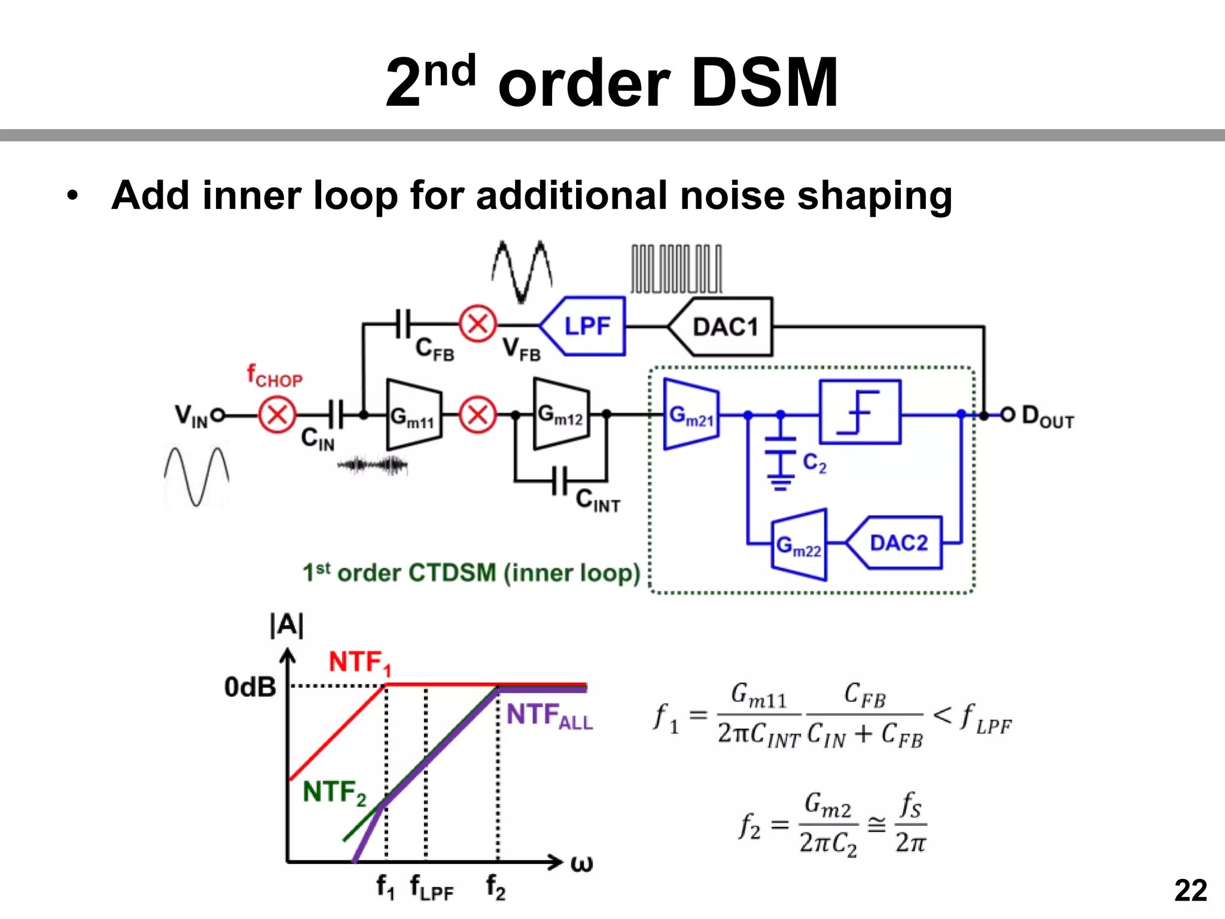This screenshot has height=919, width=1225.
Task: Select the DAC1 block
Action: click(724, 327)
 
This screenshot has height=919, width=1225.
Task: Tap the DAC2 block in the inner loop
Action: click(897, 543)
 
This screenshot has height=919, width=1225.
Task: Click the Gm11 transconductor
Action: click(413, 415)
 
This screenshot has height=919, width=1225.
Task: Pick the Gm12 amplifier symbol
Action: click(560, 413)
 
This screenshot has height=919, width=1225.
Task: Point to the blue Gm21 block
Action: click(691, 414)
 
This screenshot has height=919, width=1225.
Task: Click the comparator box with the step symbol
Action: click(860, 412)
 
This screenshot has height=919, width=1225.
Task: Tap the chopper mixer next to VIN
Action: click(277, 414)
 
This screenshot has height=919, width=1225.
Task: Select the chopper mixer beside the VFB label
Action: click(477, 324)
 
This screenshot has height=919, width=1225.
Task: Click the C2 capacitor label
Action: click(814, 462)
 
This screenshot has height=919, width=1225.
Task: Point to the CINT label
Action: click(597, 500)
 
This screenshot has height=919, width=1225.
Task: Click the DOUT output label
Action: click(1047, 416)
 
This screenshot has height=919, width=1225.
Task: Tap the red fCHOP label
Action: click(275, 376)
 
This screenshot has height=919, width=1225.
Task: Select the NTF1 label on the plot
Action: click(359, 663)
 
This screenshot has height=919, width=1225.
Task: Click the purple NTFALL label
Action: click(548, 716)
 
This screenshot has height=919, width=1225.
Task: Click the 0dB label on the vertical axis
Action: click(250, 687)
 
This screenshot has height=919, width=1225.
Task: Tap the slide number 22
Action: click(1190, 890)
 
